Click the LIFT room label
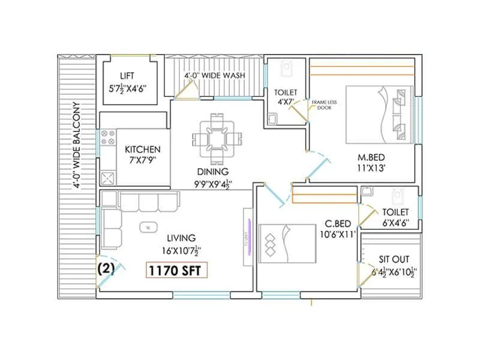(x=127, y=76)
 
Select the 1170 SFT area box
(x=177, y=271)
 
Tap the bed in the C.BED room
(x=287, y=244)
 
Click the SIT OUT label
(x=394, y=260)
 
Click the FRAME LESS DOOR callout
(x=324, y=106)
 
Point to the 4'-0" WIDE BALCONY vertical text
(x=77, y=144)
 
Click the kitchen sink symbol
(x=108, y=178)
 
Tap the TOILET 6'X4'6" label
(x=394, y=218)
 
